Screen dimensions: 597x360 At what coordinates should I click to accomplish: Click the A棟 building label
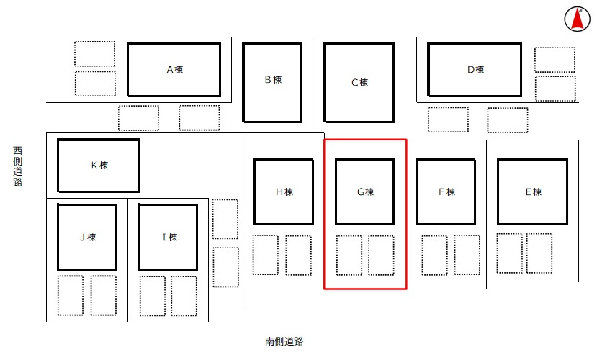(175, 70)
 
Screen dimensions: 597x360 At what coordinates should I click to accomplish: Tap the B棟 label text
(273, 79)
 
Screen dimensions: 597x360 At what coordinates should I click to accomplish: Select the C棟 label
(359, 83)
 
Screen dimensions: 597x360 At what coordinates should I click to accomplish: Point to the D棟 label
(475, 70)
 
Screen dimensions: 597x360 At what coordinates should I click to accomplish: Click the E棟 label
(533, 192)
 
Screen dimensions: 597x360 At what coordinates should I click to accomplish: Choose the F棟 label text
(446, 192)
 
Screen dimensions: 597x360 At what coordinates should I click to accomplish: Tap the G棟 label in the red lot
(365, 192)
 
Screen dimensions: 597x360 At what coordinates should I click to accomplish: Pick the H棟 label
(284, 192)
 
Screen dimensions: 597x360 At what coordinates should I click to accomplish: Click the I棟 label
(169, 237)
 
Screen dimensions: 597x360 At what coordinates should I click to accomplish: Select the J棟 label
(88, 237)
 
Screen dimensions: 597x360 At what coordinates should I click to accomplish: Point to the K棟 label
(99, 165)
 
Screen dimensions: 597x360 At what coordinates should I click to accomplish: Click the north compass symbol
(578, 19)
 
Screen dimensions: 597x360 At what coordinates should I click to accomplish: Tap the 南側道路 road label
(284, 341)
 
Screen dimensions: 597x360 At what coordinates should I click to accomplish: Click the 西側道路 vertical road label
(17, 166)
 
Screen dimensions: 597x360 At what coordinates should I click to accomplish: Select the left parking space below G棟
(349, 256)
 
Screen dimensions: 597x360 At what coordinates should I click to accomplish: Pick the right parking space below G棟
(381, 256)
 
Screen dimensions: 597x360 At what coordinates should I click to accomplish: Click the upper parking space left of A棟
(95, 54)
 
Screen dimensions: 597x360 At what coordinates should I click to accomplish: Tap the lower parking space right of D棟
(555, 89)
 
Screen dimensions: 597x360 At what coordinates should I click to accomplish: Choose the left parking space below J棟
(71, 296)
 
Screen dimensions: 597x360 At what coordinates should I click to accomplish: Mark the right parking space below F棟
(467, 255)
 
